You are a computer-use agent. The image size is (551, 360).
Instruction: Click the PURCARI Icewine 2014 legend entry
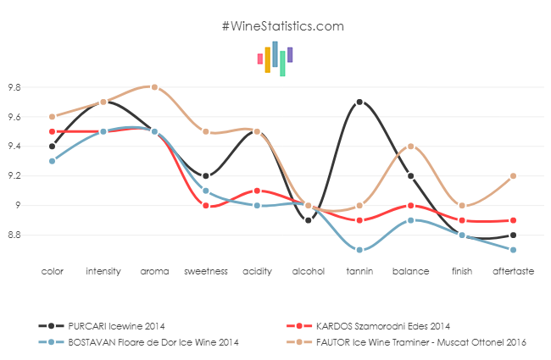117,325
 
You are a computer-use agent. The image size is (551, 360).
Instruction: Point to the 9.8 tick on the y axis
14,87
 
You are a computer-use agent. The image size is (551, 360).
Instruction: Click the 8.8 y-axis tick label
14,235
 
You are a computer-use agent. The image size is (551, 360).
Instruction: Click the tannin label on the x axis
359,271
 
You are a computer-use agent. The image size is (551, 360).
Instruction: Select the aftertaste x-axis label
513,271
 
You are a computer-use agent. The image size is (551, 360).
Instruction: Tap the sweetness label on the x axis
206,271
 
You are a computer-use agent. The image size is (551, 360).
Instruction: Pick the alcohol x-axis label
308,271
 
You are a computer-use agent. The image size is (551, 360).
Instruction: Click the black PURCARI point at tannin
359,102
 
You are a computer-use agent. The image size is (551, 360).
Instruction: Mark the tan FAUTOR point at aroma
154,87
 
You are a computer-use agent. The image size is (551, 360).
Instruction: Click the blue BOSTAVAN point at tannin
359,250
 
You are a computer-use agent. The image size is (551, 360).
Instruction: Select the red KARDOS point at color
53,131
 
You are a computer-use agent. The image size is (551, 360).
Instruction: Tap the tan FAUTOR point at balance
410,147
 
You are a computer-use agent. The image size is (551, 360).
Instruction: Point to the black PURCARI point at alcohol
308,220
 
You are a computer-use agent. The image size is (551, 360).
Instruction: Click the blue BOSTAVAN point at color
53,161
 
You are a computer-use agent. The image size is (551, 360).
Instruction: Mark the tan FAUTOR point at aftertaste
513,176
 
